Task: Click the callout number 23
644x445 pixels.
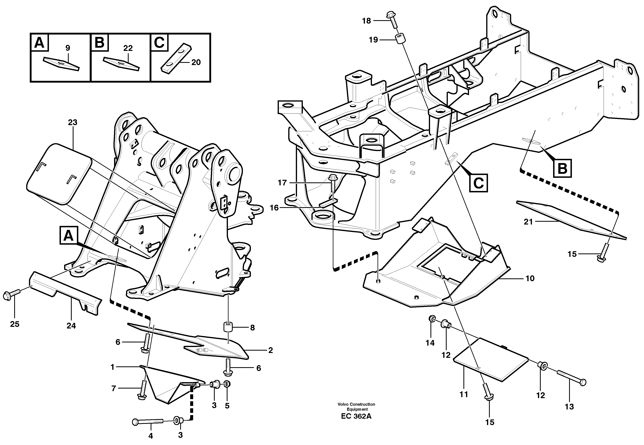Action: point(73,122)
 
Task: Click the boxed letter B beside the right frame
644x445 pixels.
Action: point(563,168)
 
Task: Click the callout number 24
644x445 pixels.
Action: point(71,326)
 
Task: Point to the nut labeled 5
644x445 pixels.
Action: point(227,384)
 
